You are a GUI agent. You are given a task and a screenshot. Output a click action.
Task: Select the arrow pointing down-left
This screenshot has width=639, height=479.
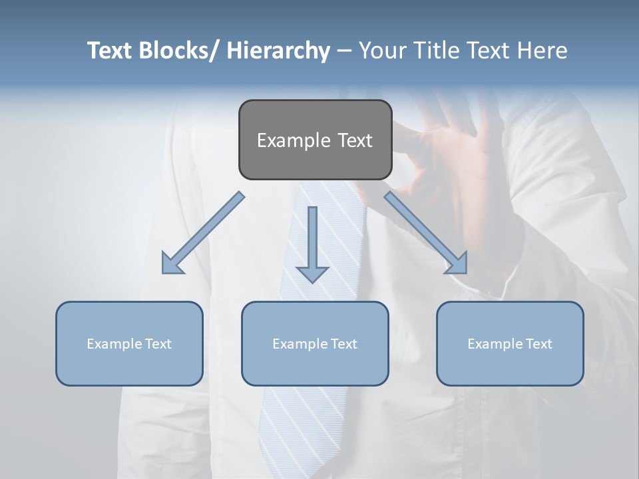coord(202,234)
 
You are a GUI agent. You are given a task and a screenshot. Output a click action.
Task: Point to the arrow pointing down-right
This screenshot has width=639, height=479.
coord(426,234)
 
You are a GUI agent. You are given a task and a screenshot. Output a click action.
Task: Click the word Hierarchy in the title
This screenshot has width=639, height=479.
coord(278,51)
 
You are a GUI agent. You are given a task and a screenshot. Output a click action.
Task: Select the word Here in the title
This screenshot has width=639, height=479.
coord(542,51)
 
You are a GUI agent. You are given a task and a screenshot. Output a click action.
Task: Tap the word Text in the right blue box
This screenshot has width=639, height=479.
coord(538,344)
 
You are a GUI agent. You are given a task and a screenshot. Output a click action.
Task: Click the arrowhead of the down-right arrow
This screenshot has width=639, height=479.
coord(457,263)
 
